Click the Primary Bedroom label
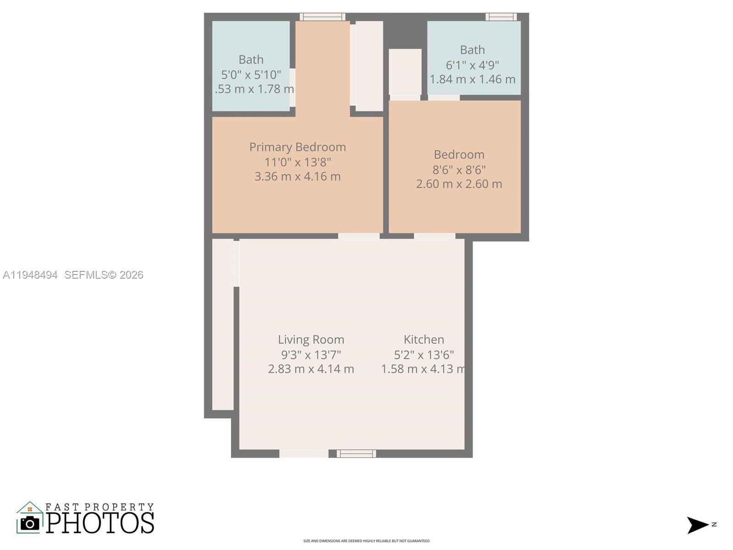(297, 147)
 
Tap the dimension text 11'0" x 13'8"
(297, 162)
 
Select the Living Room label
(311, 340)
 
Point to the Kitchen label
(424, 340)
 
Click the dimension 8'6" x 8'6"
(459, 170)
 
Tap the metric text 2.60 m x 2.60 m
(459, 184)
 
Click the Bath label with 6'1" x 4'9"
(472, 49)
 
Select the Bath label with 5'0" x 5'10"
(251, 60)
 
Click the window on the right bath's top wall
(501, 17)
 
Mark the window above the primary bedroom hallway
(323, 17)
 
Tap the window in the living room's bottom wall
(356, 454)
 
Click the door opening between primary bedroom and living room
(359, 236)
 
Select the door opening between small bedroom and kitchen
(434, 236)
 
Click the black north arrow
(697, 525)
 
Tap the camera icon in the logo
(30, 523)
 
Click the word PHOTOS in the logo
(100, 523)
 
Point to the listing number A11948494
(30, 275)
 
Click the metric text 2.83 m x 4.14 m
(311, 369)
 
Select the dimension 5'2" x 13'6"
(424, 355)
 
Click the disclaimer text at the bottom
(366, 541)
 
